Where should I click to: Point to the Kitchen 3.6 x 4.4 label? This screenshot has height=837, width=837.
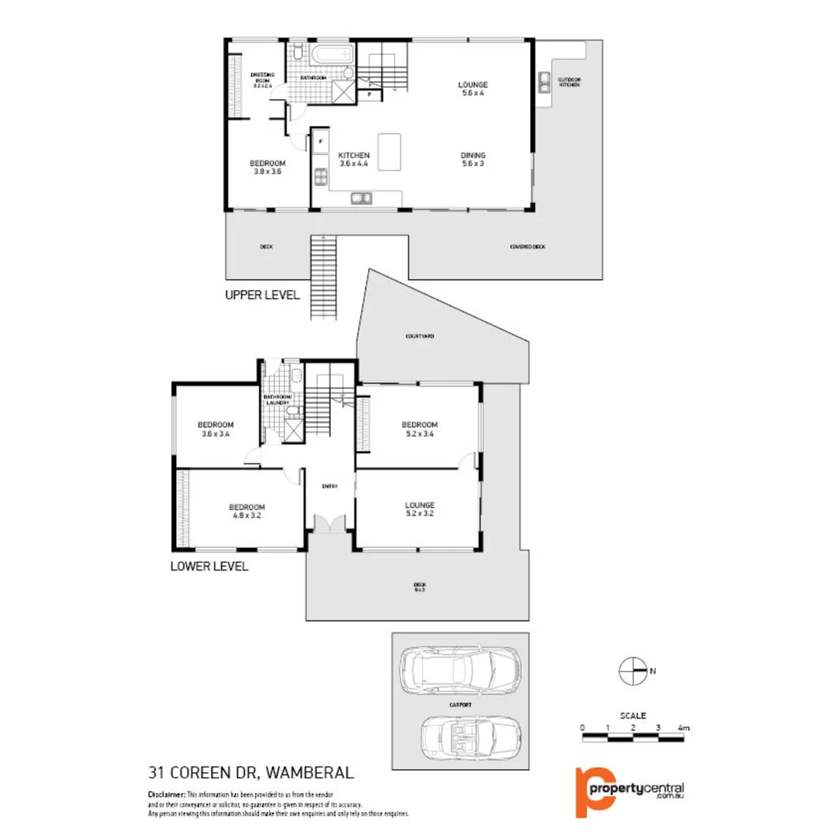coord(354,159)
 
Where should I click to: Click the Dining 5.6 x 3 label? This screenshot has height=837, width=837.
coord(474,159)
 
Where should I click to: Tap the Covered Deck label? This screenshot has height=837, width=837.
coord(527,246)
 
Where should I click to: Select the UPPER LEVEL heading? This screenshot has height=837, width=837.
coord(261,294)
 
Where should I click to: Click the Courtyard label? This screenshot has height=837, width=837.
coord(419,337)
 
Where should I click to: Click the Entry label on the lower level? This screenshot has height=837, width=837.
coord(329,486)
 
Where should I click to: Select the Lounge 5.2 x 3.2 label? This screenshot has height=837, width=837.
coord(419,508)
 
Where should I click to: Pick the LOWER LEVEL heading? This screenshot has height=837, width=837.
coord(208,567)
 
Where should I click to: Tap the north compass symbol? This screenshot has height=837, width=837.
coord(633,671)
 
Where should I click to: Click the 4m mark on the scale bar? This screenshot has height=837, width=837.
coord(683,728)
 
